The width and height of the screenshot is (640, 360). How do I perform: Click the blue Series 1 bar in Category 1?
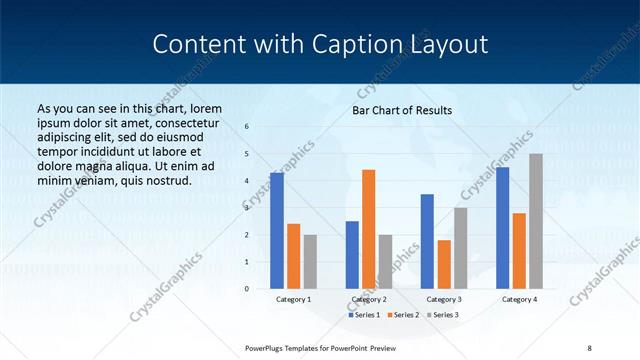pos(277,231)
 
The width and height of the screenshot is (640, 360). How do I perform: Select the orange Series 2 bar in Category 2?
pos(369,229)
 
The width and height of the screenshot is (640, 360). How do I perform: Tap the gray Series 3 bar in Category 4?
pos(536,221)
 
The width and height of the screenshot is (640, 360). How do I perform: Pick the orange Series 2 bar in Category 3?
pos(444,264)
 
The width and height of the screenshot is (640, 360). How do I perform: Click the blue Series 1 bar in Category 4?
pos(502,228)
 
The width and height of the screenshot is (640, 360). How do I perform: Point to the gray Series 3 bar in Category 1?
pos(310,262)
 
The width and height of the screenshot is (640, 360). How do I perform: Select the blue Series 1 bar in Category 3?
pos(427,241)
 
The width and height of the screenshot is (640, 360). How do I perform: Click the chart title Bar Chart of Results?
pos(401,110)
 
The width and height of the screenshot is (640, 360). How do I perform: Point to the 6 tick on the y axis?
pos(247,127)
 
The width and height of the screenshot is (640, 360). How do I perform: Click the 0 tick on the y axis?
pos(247,289)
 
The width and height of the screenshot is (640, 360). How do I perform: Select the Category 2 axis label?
pos(368,299)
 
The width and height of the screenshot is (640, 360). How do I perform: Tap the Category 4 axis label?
pos(519,299)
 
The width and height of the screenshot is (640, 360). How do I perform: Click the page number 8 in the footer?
pos(589,346)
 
